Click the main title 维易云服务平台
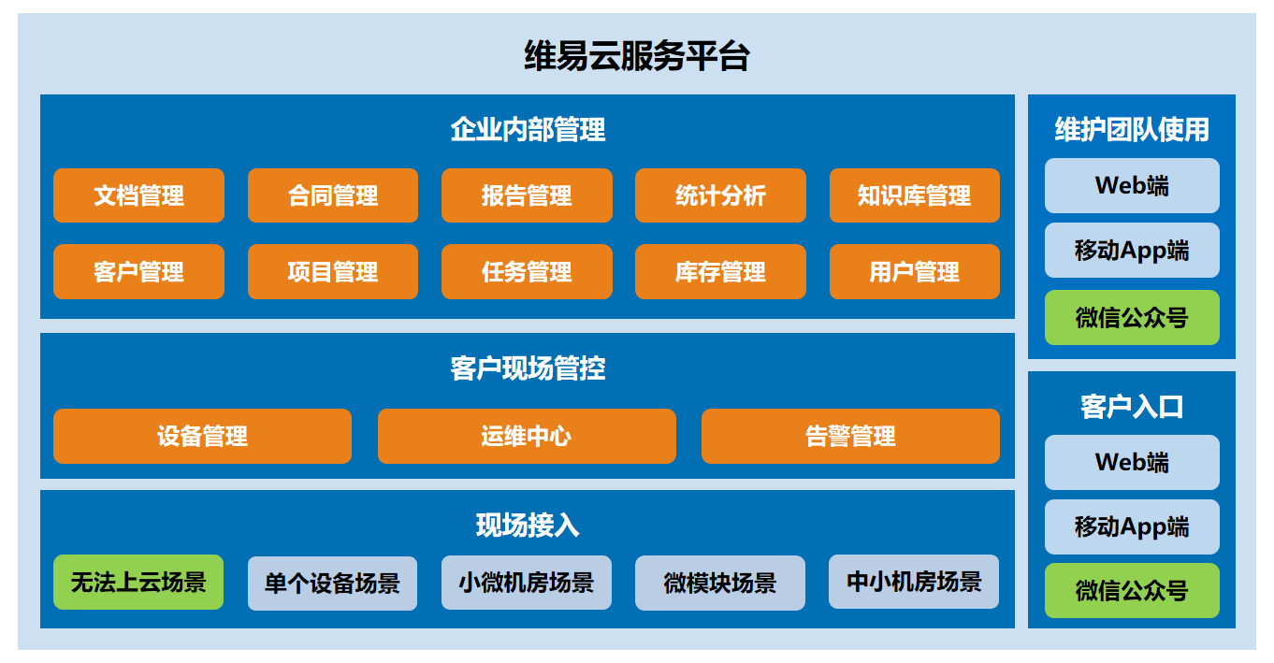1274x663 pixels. click(x=636, y=56)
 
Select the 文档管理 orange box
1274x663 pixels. click(x=138, y=195)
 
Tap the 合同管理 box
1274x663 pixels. click(x=333, y=195)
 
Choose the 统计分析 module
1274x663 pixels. click(x=720, y=195)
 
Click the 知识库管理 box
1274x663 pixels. click(x=915, y=195)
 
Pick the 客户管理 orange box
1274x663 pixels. click(x=138, y=271)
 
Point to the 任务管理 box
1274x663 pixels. click(x=527, y=271)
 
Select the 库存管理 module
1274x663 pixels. click(x=720, y=271)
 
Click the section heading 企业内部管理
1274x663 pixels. click(x=528, y=129)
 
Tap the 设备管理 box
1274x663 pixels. click(x=202, y=436)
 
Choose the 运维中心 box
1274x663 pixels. click(x=527, y=436)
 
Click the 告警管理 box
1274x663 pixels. click(x=851, y=436)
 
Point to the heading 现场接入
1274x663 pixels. click(x=528, y=525)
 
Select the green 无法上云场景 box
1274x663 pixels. click(x=138, y=583)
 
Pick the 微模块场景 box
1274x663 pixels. click(x=720, y=583)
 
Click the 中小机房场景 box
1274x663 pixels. click(x=914, y=582)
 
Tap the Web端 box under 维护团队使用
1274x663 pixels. click(x=1132, y=185)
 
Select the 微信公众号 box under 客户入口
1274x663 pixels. click(x=1132, y=590)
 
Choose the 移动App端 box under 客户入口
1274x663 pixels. click(x=1132, y=526)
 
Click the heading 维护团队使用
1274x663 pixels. click(x=1132, y=129)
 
